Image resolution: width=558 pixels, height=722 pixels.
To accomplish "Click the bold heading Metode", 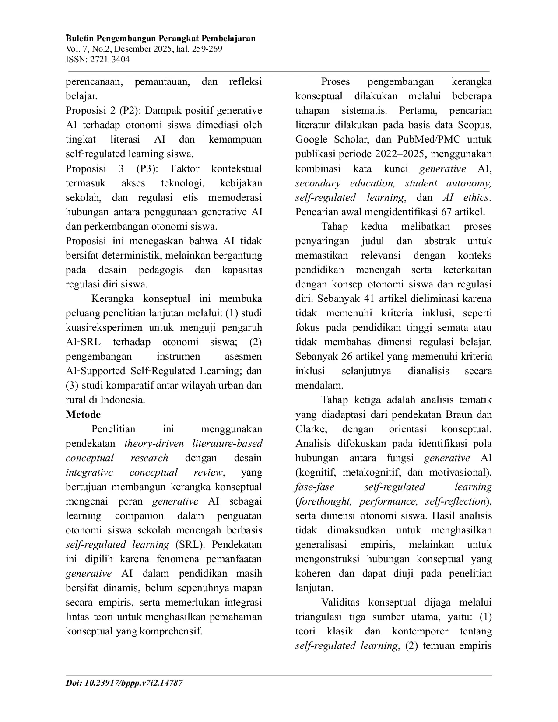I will point(83,414).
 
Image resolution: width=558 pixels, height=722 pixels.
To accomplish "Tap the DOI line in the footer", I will point(124,683).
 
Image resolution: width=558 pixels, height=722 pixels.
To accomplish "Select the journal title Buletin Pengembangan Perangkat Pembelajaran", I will point(161,39).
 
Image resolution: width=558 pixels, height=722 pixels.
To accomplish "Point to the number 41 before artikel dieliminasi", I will point(369,298).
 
